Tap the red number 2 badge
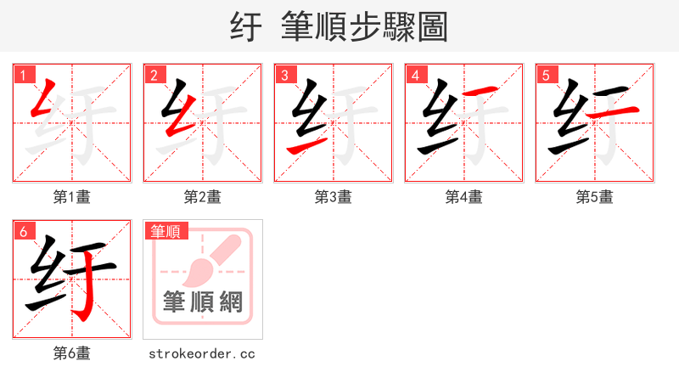coord(154,75)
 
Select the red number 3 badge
coord(284,75)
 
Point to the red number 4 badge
coord(415,75)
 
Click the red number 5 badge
coord(546,75)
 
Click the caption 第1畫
coord(72,197)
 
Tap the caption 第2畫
coord(203,197)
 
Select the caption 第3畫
coord(334,197)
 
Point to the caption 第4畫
coord(464,197)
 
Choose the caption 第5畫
coord(595,197)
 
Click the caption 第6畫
coord(72,353)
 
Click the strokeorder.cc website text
coord(202,353)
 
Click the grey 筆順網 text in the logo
coord(203,302)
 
